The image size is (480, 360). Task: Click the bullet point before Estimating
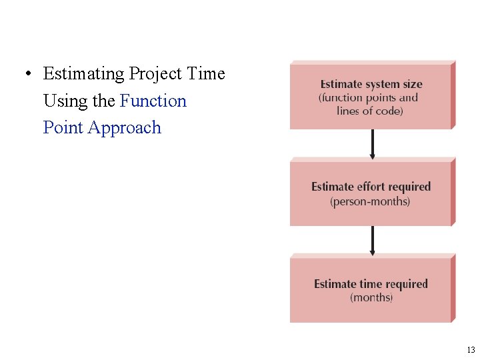(x=27, y=74)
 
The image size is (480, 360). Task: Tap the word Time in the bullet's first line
(x=207, y=74)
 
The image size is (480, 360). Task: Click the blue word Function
(x=153, y=101)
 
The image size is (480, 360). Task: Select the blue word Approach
(x=125, y=127)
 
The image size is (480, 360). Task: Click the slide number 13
(x=471, y=350)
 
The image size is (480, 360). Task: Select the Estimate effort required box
(x=370, y=193)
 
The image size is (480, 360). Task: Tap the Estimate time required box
(x=370, y=290)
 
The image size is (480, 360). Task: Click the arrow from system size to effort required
(x=372, y=144)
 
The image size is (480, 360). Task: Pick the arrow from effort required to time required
(x=372, y=241)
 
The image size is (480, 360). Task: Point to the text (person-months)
(x=371, y=201)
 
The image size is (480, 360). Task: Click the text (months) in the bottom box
(x=371, y=297)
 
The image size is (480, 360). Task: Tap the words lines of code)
(x=370, y=111)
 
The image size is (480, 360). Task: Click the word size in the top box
(x=411, y=85)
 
